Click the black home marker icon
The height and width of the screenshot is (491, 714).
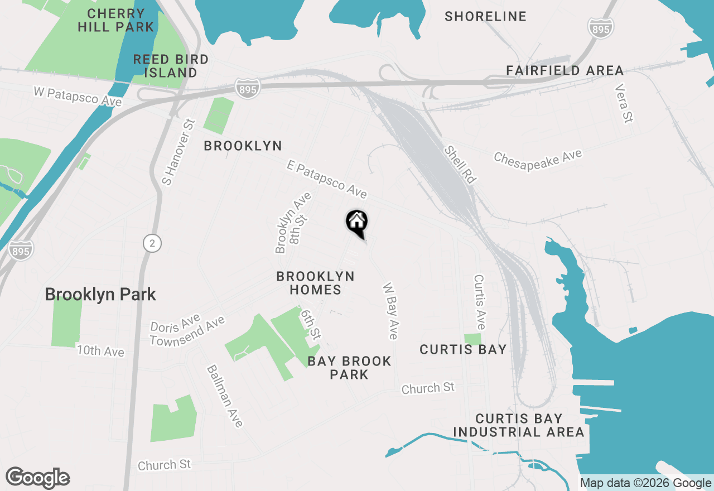point(357,222)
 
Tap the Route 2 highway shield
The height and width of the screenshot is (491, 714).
point(152,243)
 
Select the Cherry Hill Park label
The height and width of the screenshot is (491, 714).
point(116,20)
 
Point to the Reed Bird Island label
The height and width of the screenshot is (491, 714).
point(171,66)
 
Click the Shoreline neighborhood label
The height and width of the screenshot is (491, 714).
point(485,17)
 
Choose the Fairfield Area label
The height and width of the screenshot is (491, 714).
point(565,71)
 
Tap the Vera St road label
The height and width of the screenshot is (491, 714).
point(624,103)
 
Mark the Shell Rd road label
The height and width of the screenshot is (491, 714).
point(461,165)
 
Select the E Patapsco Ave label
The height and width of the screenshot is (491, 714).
point(327,179)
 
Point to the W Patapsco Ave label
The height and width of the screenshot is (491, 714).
point(78,95)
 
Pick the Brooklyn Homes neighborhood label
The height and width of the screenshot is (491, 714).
point(316,283)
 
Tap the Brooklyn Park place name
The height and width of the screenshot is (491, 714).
point(100,295)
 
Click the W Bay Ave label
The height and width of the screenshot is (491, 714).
point(390,311)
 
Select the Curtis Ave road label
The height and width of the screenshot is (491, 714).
point(480,302)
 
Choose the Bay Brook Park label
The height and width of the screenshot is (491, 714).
point(349,368)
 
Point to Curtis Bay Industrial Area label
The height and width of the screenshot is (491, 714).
point(519,425)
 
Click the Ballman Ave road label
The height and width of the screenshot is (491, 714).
point(225,396)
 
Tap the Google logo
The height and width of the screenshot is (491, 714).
point(38,478)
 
